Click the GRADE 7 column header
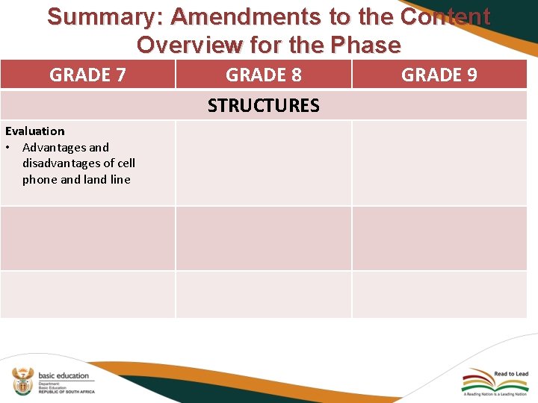[x=87, y=75]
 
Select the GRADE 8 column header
[x=264, y=75]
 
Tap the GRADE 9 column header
[x=439, y=75]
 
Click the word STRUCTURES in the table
[x=264, y=105]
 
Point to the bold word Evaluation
[x=35, y=131]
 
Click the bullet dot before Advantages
[x=9, y=148]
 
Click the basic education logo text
[x=64, y=375]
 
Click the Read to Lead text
[x=511, y=374]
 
